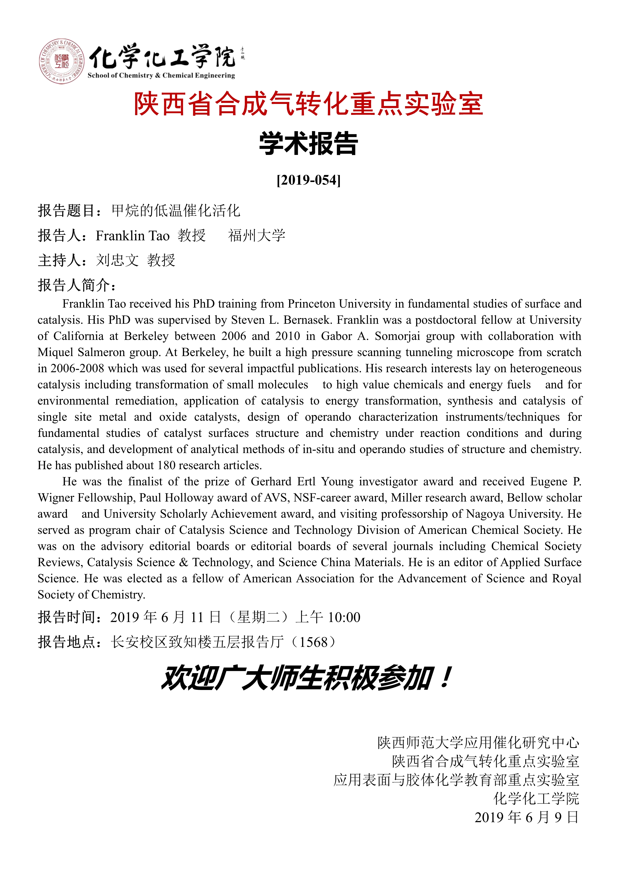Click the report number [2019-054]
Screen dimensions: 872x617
tap(308, 180)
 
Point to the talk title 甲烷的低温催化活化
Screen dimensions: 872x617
tap(176, 211)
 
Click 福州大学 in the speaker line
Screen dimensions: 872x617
tap(257, 235)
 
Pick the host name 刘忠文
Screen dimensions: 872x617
tap(117, 261)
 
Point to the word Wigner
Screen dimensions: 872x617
tap(56, 498)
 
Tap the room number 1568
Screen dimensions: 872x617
tap(313, 642)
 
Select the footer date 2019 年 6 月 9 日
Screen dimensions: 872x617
tap(527, 817)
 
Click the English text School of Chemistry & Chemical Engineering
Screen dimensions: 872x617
tap(161, 76)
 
